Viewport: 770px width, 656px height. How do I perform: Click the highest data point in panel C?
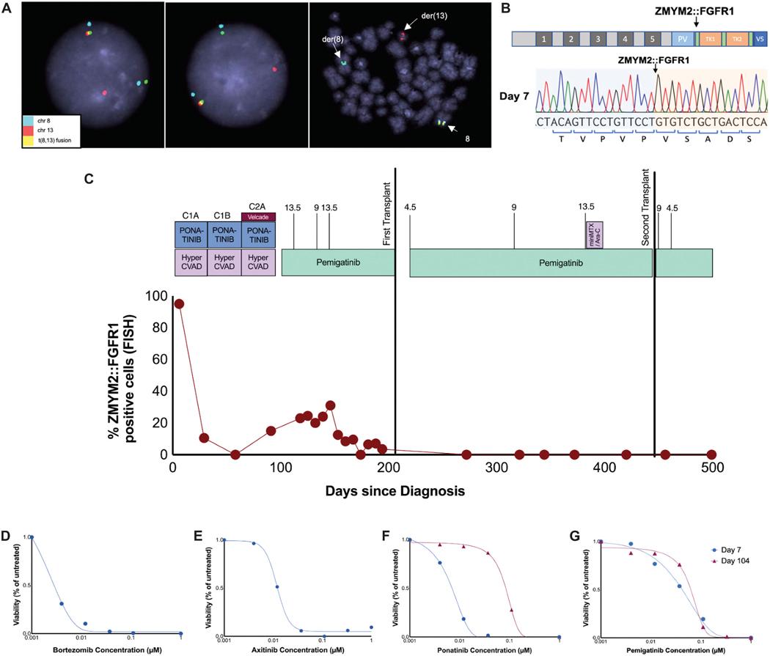point(178,303)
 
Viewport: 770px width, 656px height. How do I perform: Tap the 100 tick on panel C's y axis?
point(155,297)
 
